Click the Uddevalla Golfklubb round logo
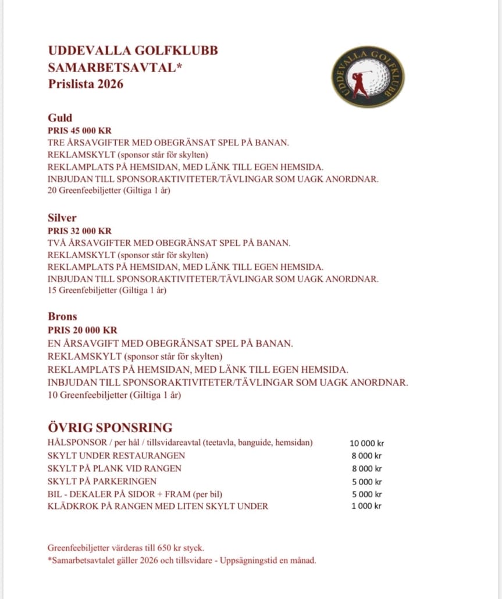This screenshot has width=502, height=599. pyautogui.click(x=368, y=76)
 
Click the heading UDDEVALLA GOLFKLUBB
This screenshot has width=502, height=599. pyautogui.click(x=133, y=51)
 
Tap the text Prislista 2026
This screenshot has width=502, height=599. pyautogui.click(x=86, y=84)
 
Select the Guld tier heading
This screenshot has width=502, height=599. pyautogui.click(x=60, y=118)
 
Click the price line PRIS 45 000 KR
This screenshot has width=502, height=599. pyautogui.click(x=80, y=131)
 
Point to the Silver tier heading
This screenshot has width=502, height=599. pyautogui.click(x=62, y=218)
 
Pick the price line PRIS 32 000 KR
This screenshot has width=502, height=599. pyautogui.click(x=80, y=231)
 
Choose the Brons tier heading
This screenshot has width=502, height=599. pyautogui.click(x=62, y=317)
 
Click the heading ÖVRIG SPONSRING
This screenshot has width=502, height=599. pyautogui.click(x=110, y=427)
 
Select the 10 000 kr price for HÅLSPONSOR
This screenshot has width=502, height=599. pyautogui.click(x=366, y=443)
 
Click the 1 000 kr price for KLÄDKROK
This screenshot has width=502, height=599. pyautogui.click(x=366, y=506)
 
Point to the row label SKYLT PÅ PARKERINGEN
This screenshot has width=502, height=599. pyautogui.click(x=102, y=481)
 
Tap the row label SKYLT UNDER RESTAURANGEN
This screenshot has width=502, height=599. pyautogui.click(x=116, y=455)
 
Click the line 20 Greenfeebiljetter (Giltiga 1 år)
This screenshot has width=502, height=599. pyautogui.click(x=109, y=190)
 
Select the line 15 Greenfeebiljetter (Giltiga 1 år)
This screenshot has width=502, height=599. pyautogui.click(x=107, y=290)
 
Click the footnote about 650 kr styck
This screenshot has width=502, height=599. pyautogui.click(x=126, y=548)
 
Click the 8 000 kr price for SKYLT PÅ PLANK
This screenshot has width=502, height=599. pyautogui.click(x=366, y=469)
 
